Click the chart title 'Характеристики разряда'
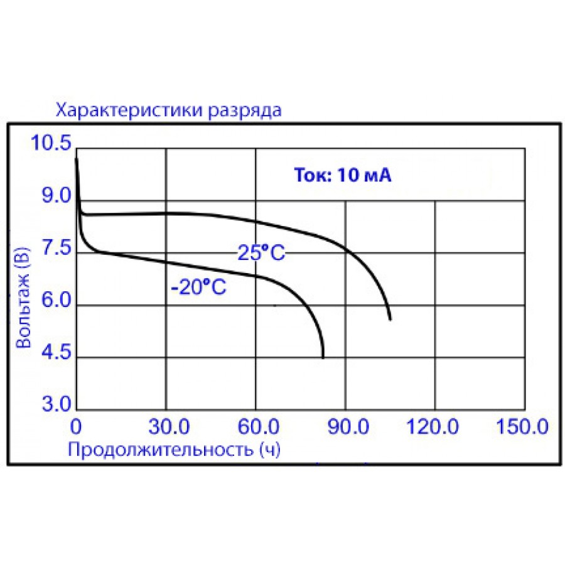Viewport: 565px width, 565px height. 169,111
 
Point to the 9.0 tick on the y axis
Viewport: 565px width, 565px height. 55,196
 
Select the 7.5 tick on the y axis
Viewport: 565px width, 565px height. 55,249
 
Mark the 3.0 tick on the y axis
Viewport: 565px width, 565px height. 55,404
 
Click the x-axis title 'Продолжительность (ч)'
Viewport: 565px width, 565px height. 173,449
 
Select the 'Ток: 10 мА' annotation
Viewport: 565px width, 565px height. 343,176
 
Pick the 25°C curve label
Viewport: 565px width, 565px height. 261,252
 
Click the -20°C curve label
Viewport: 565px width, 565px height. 198,288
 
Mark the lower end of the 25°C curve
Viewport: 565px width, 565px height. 390,320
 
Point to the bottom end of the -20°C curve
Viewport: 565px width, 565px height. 323,357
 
